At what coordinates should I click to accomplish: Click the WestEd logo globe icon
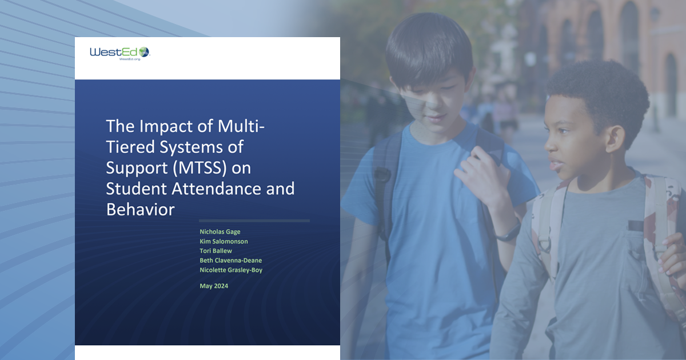coord(144,52)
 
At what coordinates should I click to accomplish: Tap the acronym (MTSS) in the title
coord(200,168)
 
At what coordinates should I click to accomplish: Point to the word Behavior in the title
coord(140,210)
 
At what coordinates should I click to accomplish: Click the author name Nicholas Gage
coord(220,232)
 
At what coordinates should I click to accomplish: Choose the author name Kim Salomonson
coord(224,241)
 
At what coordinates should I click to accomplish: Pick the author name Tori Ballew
coord(216,251)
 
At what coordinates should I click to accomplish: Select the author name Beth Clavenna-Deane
coord(230,260)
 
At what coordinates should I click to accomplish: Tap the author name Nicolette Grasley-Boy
coord(231,270)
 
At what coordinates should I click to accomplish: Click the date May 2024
coord(214,286)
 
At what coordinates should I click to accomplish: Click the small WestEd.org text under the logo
coord(130,59)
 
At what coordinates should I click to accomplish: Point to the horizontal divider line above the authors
coord(254,221)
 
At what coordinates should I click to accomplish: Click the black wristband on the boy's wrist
coord(508,233)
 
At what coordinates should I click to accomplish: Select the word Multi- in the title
coord(241,126)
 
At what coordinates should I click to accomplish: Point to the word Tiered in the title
coord(130,147)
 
